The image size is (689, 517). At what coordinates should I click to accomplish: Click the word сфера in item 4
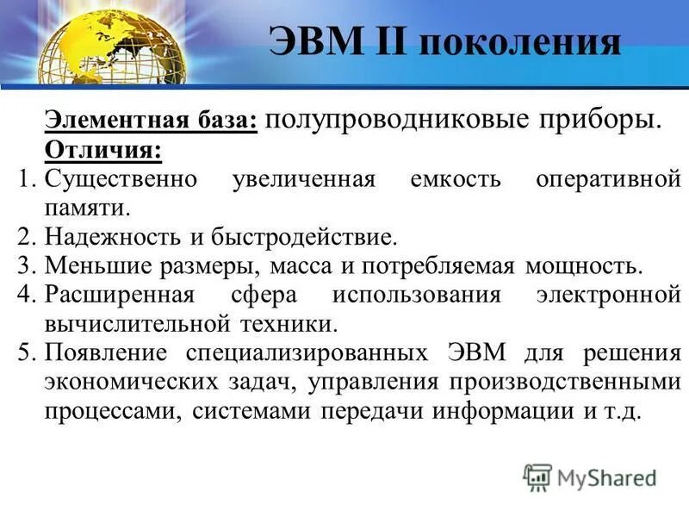(262, 295)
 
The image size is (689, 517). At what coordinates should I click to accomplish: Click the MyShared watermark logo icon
(537, 477)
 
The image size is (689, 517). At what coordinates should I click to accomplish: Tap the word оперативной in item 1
(608, 180)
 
